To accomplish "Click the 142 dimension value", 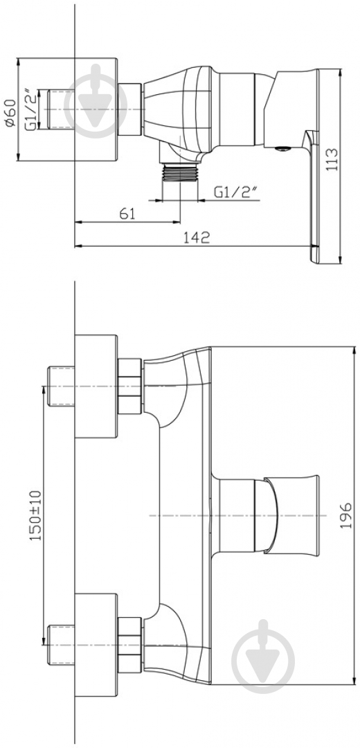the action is click(x=196, y=237).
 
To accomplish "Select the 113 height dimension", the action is click(x=333, y=159).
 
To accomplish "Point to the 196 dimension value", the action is click(x=345, y=515).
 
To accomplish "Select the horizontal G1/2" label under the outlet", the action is click(x=235, y=191).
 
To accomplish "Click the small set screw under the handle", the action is click(x=283, y=149).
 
